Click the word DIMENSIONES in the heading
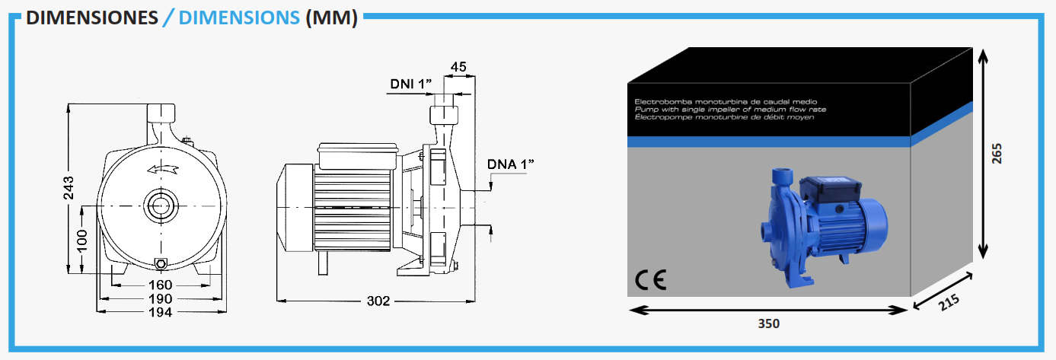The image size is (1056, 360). [x=92, y=18]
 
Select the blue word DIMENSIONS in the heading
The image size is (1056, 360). [x=239, y=18]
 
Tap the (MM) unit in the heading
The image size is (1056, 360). [x=331, y=18]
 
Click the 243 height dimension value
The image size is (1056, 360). [x=69, y=187]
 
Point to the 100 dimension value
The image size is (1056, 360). [x=82, y=241]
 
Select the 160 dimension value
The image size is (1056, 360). [x=161, y=285]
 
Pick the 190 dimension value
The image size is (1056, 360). [x=161, y=299]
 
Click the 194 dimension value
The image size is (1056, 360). [x=161, y=312]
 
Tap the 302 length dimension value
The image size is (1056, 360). [x=378, y=301]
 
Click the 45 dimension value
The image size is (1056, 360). [x=458, y=67]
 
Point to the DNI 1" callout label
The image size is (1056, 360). [x=410, y=84]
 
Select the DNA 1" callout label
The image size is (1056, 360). [x=511, y=164]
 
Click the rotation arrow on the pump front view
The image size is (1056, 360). [x=163, y=169]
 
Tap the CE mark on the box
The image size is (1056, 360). [x=650, y=280]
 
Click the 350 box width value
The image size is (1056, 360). [x=768, y=323]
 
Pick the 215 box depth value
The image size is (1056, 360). [x=949, y=302]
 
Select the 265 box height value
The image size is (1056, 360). [x=997, y=154]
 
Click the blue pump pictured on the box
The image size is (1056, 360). [x=824, y=226]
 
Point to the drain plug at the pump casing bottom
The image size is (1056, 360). [x=161, y=264]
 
